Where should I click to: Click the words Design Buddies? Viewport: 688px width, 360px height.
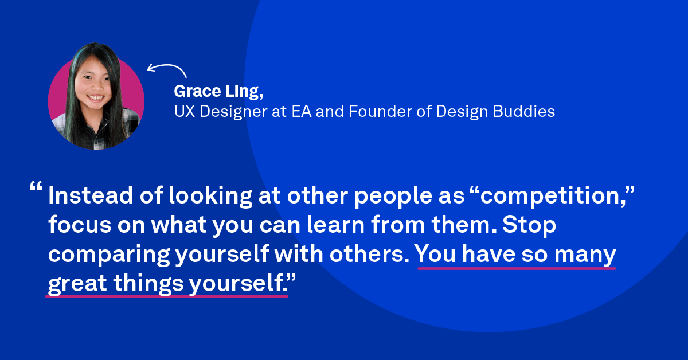pos(495,111)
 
